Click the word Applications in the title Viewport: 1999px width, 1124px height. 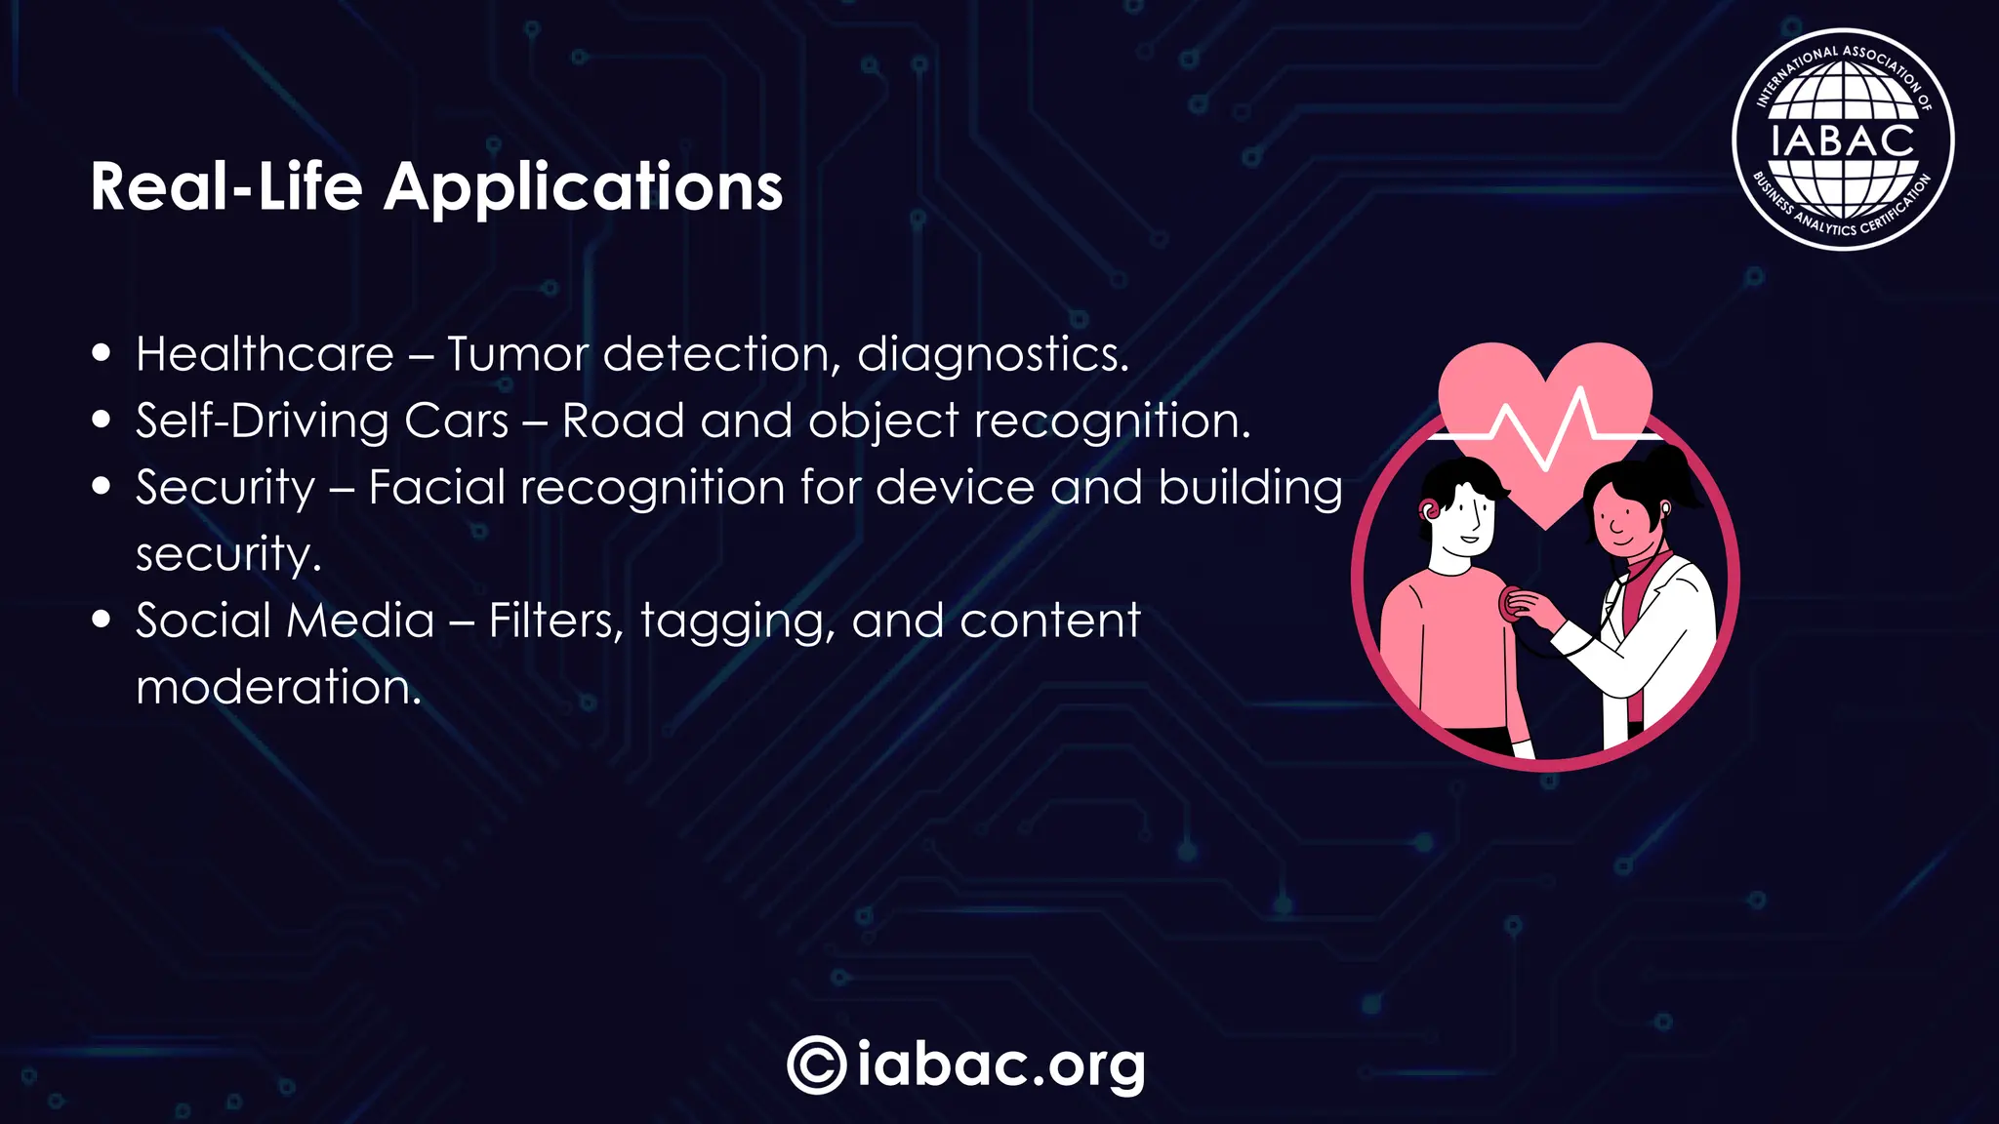tap(583, 187)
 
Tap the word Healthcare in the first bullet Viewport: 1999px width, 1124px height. tap(265, 354)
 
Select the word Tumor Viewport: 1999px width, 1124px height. tap(517, 354)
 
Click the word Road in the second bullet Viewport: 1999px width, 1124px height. tap(623, 421)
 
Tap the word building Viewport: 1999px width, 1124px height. tap(1250, 488)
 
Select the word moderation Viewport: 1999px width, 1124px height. tap(278, 687)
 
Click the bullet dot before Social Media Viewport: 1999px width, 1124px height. tap(102, 620)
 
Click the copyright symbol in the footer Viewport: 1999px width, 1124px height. tap(816, 1064)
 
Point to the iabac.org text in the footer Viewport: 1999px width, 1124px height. tap(1001, 1064)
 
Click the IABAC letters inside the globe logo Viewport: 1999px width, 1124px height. tap(1842, 140)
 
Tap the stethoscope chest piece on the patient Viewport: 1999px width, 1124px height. tap(1512, 605)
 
